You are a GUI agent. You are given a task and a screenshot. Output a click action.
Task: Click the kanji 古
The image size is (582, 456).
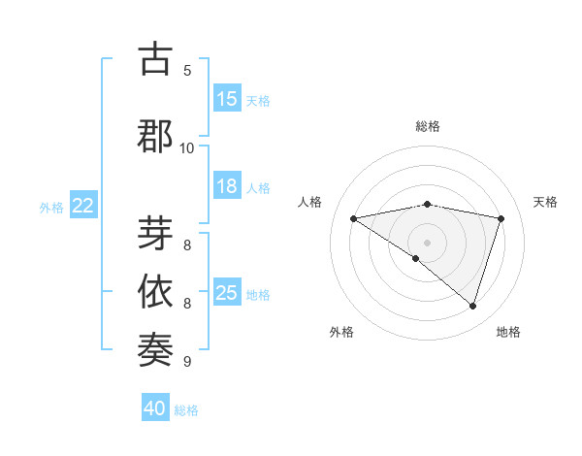pos(155,59)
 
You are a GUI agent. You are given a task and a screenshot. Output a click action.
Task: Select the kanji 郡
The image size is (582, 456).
pos(155,137)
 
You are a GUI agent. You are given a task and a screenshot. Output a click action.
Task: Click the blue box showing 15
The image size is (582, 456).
pos(227,99)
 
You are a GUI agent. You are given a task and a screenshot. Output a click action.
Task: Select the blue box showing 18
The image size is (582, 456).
pos(227,186)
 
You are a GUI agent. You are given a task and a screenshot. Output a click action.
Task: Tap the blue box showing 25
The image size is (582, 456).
pos(227,293)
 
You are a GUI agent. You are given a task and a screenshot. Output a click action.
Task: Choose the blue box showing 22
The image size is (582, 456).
pos(83,206)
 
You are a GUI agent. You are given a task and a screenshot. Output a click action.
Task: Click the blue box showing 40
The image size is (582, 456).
pos(155,408)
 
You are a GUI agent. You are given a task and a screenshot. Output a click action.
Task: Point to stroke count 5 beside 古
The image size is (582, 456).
pos(187,71)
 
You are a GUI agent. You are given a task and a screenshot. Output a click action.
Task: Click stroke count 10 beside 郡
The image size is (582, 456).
pos(187,147)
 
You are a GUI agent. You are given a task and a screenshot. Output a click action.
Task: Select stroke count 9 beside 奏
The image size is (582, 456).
pos(187,362)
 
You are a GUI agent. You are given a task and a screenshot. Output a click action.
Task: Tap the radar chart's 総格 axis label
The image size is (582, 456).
pos(427,126)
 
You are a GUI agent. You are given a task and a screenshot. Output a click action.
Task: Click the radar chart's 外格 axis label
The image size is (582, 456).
pos(341,332)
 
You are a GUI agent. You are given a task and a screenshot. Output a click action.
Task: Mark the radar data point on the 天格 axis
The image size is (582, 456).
pos(501,218)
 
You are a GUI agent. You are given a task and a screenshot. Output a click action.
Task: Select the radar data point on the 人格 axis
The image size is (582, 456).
pos(353,218)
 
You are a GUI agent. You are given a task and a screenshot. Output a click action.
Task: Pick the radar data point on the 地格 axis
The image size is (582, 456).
pos(472,306)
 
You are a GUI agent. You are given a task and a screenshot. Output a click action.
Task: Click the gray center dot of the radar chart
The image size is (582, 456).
pos(427,242)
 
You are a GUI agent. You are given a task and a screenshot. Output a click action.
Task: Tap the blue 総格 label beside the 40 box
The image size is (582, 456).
pos(186,410)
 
